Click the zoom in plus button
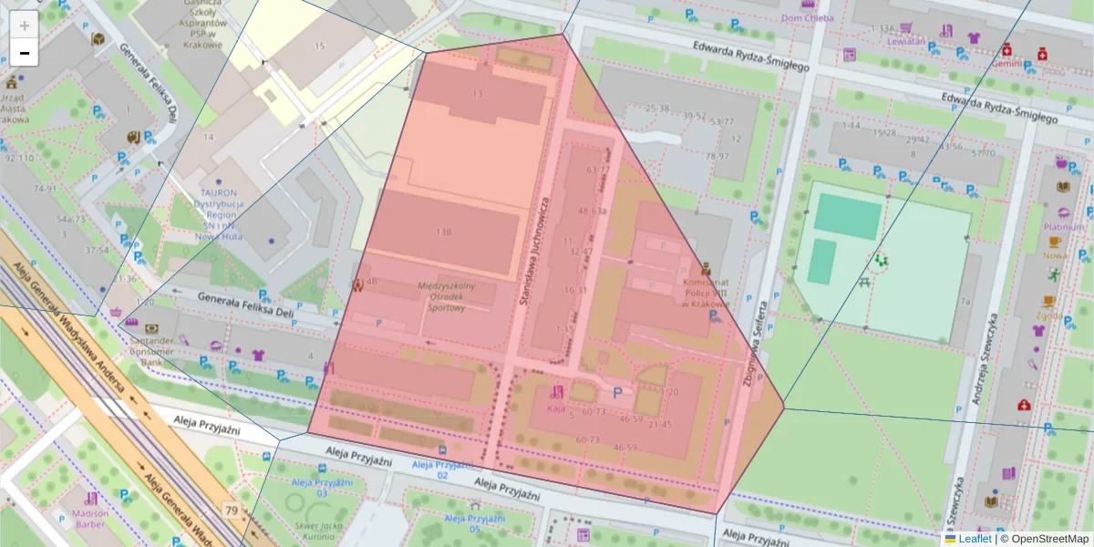pos(25,25)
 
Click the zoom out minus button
pos(25,54)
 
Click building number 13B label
pos(444,232)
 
